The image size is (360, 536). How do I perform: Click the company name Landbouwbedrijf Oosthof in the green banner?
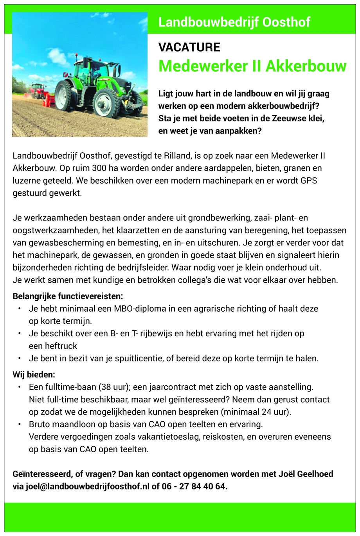click(234, 22)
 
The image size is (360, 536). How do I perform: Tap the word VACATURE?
click(189, 47)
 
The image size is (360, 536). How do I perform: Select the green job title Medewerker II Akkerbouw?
click(252, 66)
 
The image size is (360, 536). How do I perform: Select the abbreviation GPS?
click(309, 181)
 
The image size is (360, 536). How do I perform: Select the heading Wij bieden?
click(34, 375)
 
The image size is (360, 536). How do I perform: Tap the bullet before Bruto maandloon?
click(20, 424)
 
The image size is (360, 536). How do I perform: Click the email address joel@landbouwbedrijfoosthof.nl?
click(87, 487)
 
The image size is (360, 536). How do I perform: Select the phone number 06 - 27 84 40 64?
click(194, 487)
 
